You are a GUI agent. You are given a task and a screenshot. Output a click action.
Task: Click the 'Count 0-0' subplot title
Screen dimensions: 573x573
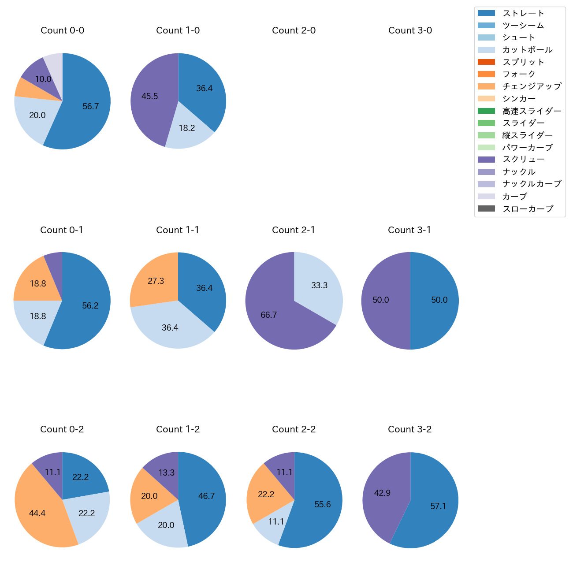62,30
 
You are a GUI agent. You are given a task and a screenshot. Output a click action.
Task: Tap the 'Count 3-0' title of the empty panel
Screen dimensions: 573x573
410,30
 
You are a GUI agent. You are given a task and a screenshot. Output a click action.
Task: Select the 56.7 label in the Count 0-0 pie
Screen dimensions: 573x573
90,106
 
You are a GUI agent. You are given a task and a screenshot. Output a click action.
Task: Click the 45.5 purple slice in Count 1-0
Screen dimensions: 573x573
150,97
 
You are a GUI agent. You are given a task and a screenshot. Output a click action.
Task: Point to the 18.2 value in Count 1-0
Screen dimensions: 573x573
187,128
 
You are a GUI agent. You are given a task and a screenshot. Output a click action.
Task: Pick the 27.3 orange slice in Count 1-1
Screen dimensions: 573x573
156,281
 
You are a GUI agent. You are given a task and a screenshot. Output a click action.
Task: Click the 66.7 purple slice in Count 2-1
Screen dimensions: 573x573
269,315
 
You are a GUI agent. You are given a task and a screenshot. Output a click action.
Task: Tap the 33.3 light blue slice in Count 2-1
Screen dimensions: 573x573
319,286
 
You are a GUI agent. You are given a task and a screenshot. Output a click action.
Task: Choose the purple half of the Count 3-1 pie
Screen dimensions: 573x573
381,300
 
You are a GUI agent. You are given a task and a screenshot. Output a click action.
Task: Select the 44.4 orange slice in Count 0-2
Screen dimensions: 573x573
37,513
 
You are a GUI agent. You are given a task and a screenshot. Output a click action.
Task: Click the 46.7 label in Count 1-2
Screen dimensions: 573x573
206,496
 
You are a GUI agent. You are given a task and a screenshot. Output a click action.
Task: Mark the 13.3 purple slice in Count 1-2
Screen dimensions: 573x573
167,473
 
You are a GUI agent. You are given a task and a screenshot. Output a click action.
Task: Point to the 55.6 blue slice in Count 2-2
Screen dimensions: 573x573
322,505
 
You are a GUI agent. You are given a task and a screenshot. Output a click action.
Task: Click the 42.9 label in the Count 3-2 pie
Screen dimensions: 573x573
382,493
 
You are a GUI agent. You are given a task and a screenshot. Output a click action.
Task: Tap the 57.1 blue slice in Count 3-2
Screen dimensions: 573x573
438,506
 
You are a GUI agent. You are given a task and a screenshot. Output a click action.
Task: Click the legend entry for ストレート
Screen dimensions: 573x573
523,13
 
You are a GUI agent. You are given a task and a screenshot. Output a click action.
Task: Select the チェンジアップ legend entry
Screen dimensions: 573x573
532,86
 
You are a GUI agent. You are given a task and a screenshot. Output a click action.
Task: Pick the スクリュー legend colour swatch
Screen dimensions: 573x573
486,160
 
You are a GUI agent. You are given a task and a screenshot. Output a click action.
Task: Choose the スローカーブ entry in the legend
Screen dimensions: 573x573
528,209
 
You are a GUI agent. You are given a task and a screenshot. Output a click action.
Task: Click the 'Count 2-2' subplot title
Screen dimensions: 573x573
294,429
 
